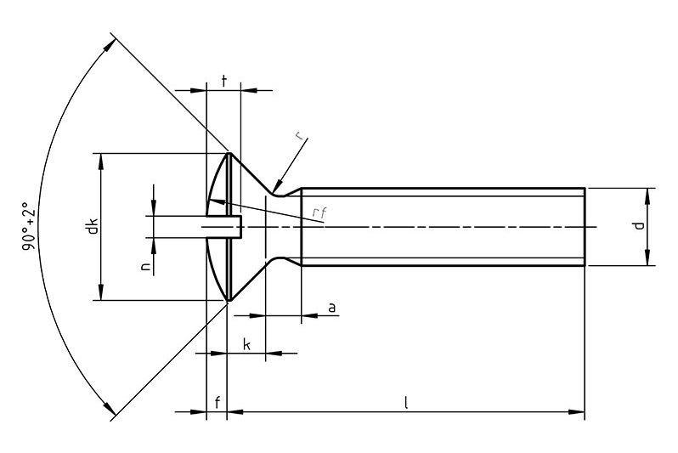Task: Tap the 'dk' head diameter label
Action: (92, 227)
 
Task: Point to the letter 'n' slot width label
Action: (145, 267)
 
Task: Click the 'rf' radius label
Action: (319, 212)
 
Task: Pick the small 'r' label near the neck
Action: (299, 137)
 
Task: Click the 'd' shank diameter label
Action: (640, 227)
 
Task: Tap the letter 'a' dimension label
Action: (331, 306)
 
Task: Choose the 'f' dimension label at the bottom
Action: (218, 403)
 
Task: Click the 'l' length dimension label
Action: (406, 403)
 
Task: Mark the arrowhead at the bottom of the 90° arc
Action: (110, 411)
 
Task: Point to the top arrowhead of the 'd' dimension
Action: (647, 194)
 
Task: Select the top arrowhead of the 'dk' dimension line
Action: (101, 159)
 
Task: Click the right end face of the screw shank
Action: (585, 227)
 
